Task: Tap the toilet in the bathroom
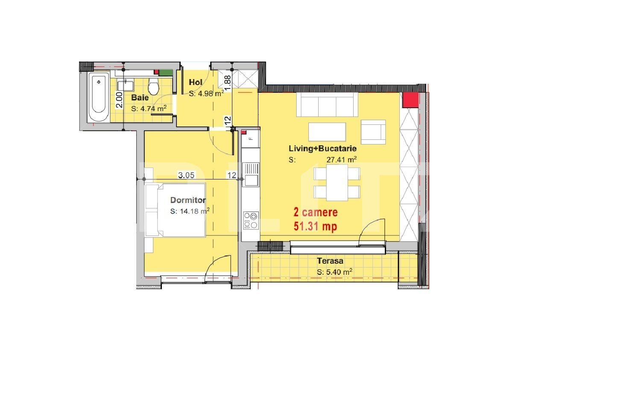(153, 86)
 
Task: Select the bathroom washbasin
(125, 85)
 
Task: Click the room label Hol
(196, 82)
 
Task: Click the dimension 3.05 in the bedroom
(186, 175)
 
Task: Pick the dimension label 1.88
(228, 82)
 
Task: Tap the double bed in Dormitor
(175, 210)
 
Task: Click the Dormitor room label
(188, 200)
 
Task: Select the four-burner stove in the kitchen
(251, 221)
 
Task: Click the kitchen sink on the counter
(251, 174)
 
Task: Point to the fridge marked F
(250, 138)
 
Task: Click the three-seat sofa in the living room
(327, 105)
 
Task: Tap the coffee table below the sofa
(327, 132)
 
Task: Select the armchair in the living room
(373, 132)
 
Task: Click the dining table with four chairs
(337, 182)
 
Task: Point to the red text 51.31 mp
(316, 226)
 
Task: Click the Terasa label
(330, 261)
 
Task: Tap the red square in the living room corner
(410, 100)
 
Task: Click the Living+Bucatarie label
(323, 148)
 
